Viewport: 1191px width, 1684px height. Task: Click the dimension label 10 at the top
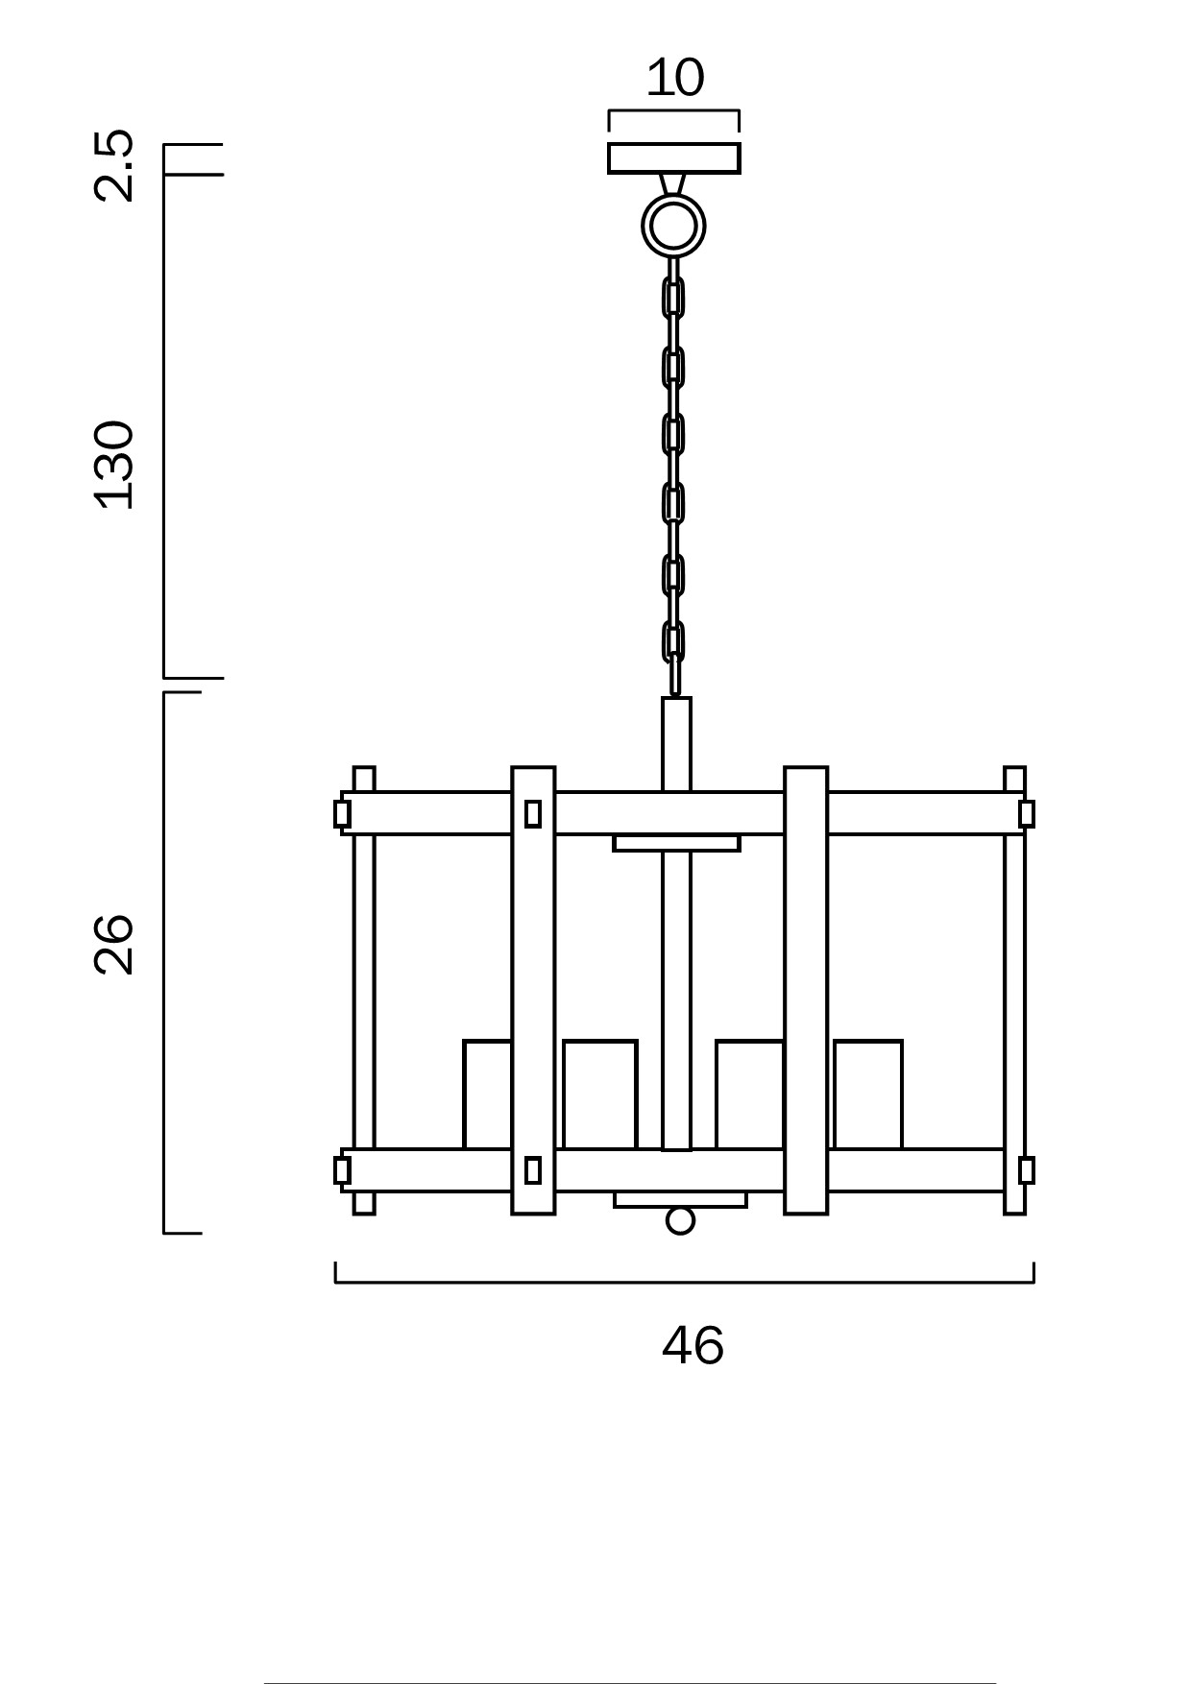click(674, 78)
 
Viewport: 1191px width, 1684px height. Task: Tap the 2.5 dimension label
click(113, 165)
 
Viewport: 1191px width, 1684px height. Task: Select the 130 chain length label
click(113, 465)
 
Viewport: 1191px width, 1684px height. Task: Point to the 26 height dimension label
click(113, 944)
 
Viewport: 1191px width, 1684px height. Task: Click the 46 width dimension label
click(693, 1346)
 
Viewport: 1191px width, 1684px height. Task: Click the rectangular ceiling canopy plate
click(674, 158)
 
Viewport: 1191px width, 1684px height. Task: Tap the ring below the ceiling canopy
click(673, 226)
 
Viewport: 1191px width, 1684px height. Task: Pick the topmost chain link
click(673, 298)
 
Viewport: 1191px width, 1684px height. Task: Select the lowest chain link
click(673, 642)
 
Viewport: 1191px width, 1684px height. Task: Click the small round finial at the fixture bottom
click(680, 1221)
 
